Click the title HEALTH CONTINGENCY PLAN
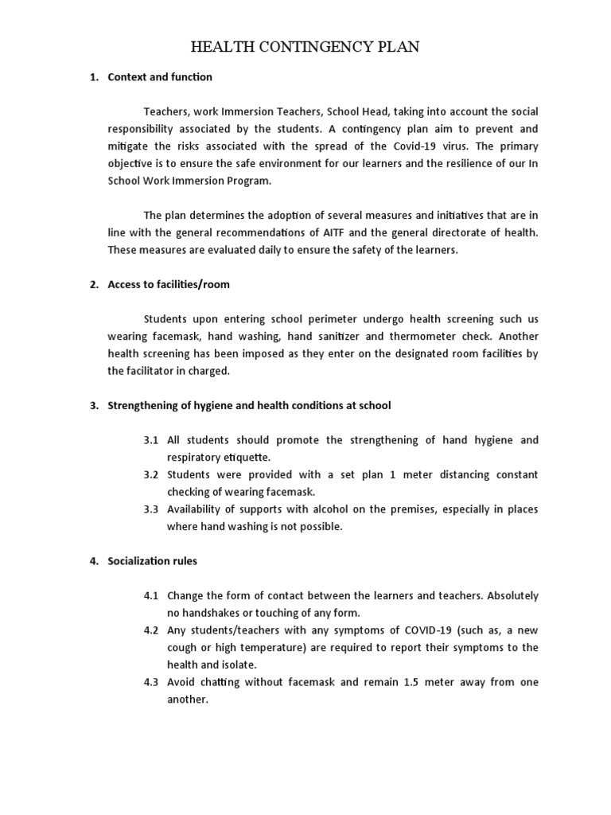point(305,48)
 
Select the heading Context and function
point(160,77)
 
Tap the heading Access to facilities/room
point(169,284)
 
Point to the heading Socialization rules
point(152,561)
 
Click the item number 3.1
point(151,440)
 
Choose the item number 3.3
point(151,509)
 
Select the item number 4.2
point(151,630)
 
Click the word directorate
point(473,232)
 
